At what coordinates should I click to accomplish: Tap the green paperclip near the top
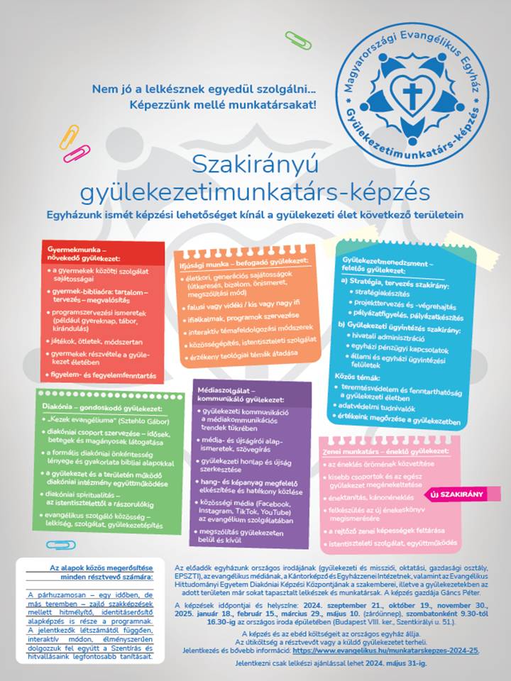(298, 40)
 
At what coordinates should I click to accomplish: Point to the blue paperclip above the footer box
(60, 545)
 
